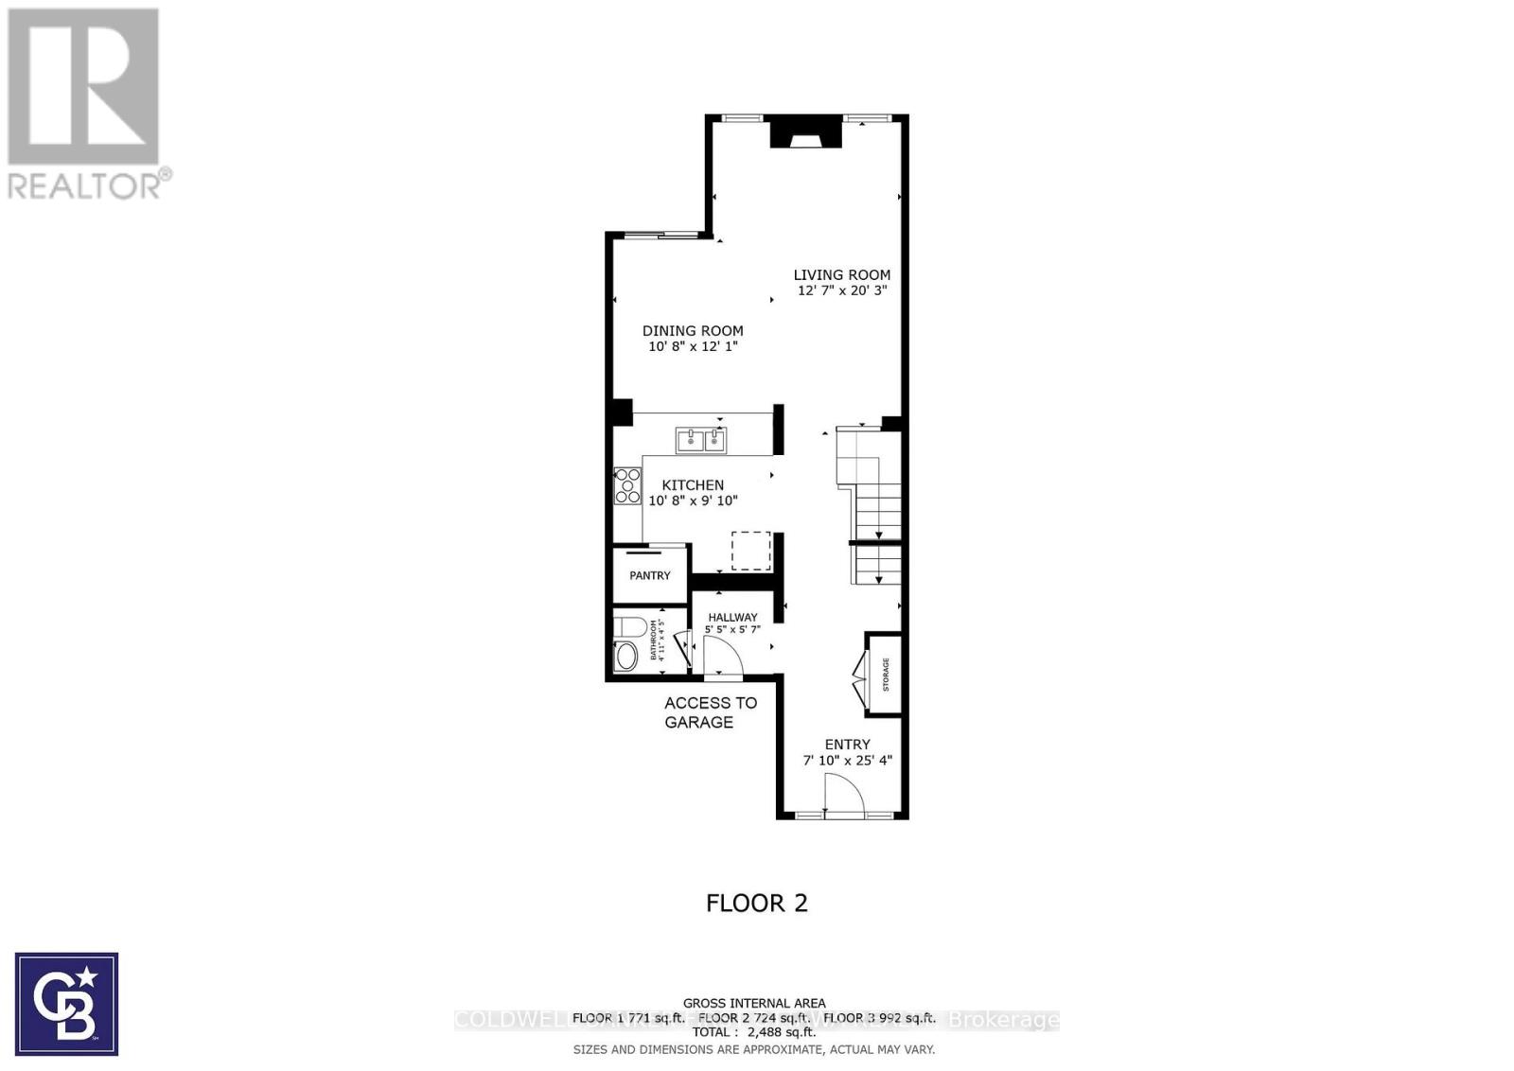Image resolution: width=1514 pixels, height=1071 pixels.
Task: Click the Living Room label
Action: coord(841,275)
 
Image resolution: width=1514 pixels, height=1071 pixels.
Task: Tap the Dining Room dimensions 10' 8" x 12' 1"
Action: coord(693,347)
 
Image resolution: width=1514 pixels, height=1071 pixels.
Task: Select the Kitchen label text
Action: coord(693,485)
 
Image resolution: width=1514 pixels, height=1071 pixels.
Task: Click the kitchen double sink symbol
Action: coord(700,440)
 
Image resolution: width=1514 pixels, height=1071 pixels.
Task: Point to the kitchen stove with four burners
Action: coord(626,486)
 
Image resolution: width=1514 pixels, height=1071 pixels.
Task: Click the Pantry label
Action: coord(650,575)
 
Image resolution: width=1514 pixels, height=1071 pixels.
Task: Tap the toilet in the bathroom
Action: coord(629,626)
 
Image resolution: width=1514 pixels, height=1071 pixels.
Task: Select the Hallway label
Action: coord(732,618)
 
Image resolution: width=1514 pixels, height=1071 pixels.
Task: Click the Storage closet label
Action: coord(886,675)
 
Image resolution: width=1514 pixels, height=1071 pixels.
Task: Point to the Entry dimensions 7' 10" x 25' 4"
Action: coord(847,761)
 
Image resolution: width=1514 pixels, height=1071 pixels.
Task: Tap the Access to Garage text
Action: coord(710,712)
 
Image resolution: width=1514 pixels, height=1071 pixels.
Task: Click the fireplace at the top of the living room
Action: coord(805,132)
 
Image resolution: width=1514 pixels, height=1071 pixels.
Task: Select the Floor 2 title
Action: coord(757,903)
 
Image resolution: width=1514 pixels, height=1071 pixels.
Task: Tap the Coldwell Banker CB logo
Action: coord(67,1004)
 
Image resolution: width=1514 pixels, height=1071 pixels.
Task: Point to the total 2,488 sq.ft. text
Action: coord(754,1032)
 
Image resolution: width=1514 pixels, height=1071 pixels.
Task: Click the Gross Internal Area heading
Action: coord(754,1003)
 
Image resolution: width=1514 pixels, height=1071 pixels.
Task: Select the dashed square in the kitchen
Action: coord(750,551)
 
